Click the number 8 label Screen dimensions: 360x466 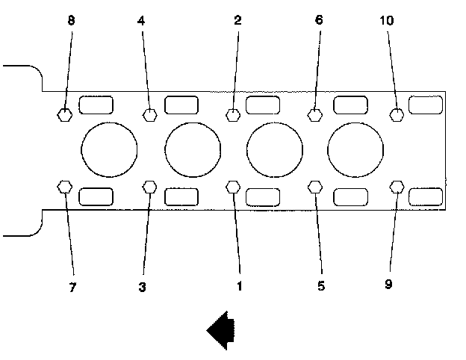(x=71, y=21)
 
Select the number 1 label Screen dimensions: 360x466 (x=239, y=285)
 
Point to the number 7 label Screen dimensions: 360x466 (x=72, y=287)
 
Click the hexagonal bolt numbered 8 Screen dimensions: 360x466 (x=65, y=115)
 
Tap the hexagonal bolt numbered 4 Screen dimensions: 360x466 (x=150, y=115)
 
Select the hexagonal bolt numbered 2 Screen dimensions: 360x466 (x=233, y=115)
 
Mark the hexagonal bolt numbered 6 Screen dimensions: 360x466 (x=315, y=115)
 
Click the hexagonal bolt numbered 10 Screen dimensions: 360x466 (x=397, y=115)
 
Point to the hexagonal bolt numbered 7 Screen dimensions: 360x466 (x=65, y=186)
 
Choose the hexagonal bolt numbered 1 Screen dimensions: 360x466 (x=233, y=186)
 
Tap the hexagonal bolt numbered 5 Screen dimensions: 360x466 (x=315, y=186)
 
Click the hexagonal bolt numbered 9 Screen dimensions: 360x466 (x=397, y=186)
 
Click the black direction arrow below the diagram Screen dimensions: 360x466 (x=220, y=329)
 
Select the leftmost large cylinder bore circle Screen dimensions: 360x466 (x=110, y=149)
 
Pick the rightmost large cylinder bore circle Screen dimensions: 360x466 (x=355, y=149)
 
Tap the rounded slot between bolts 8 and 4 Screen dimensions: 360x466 (x=97, y=105)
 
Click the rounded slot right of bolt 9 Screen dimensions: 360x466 (x=426, y=196)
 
